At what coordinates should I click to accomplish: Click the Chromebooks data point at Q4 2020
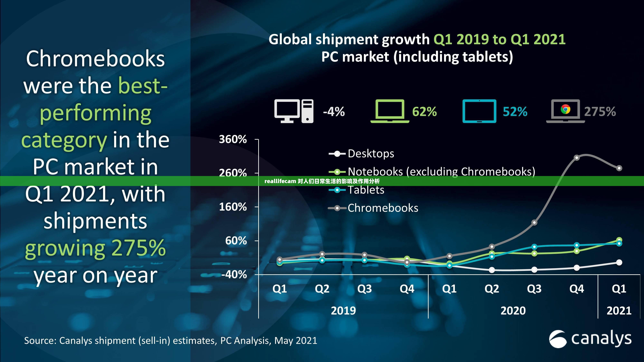pos(577,158)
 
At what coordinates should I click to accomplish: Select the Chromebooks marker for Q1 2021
pos(619,168)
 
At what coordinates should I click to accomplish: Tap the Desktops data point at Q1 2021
pos(619,262)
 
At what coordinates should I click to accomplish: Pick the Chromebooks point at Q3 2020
pos(534,222)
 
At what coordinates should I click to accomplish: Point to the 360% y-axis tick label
pos(233,139)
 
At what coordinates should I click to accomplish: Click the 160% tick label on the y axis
pos(233,207)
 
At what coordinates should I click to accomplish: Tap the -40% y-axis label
pos(234,275)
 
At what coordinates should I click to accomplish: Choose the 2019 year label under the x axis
pos(343,311)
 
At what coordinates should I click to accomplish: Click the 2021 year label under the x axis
pos(619,311)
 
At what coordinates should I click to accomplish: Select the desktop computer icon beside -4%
pos(294,111)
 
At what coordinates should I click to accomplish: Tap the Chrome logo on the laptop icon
pos(565,109)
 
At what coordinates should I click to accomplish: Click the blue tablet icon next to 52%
pos(479,111)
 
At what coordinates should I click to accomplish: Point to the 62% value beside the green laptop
pos(424,111)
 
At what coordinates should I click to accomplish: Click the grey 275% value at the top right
pos(600,111)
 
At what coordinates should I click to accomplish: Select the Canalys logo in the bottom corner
pos(590,339)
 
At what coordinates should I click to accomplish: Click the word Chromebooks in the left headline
pos(95,59)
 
